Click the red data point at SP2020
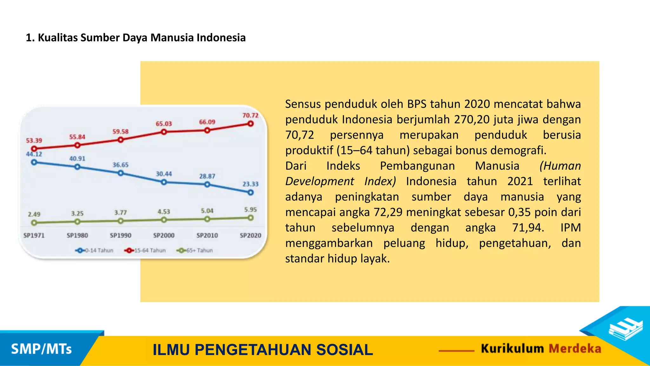(x=250, y=123)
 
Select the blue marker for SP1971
(x=34, y=162)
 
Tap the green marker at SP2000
(x=164, y=220)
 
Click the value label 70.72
(x=250, y=115)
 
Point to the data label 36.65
(x=120, y=165)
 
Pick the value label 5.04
(x=207, y=211)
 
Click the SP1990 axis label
(x=120, y=235)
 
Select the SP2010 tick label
(x=207, y=235)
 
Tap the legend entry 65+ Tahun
(x=195, y=250)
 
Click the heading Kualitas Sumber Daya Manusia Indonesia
(x=136, y=37)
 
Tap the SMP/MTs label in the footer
(x=41, y=349)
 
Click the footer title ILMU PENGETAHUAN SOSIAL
(x=262, y=350)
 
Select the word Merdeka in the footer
(x=575, y=349)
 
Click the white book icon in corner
(x=625, y=329)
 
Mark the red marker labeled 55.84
(x=77, y=145)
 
